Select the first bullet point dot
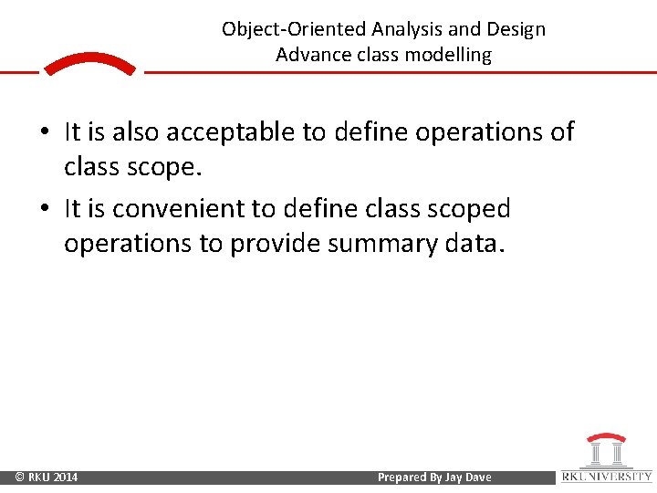(x=43, y=133)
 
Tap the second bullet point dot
(x=43, y=210)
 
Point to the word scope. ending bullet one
(x=171, y=167)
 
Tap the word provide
(x=274, y=244)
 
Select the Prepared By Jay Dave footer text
(x=434, y=477)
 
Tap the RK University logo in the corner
(x=606, y=457)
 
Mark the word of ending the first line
(x=561, y=132)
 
